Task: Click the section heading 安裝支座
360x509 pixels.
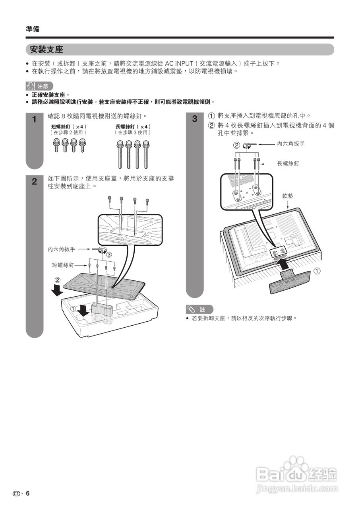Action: pos(47,49)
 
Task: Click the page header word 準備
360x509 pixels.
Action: pos(32,29)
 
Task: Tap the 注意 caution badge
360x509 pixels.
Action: pos(39,86)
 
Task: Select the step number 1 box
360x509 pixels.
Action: pos(35,120)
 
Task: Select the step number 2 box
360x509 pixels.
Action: pos(35,182)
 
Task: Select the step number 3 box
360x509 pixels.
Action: pos(195,119)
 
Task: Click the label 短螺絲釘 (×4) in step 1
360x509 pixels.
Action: pos(69,126)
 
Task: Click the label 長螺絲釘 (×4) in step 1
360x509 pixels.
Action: pos(133,126)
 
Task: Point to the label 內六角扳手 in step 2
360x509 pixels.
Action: pos(62,249)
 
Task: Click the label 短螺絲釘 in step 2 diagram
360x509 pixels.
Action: pos(63,264)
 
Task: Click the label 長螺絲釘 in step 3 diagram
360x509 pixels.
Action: pos(288,163)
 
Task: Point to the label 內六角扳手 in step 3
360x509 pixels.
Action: pos(291,144)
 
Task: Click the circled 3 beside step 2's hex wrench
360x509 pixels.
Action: pos(108,254)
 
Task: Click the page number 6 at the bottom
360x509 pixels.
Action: pos(28,493)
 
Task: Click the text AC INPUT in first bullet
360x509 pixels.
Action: pos(179,63)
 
